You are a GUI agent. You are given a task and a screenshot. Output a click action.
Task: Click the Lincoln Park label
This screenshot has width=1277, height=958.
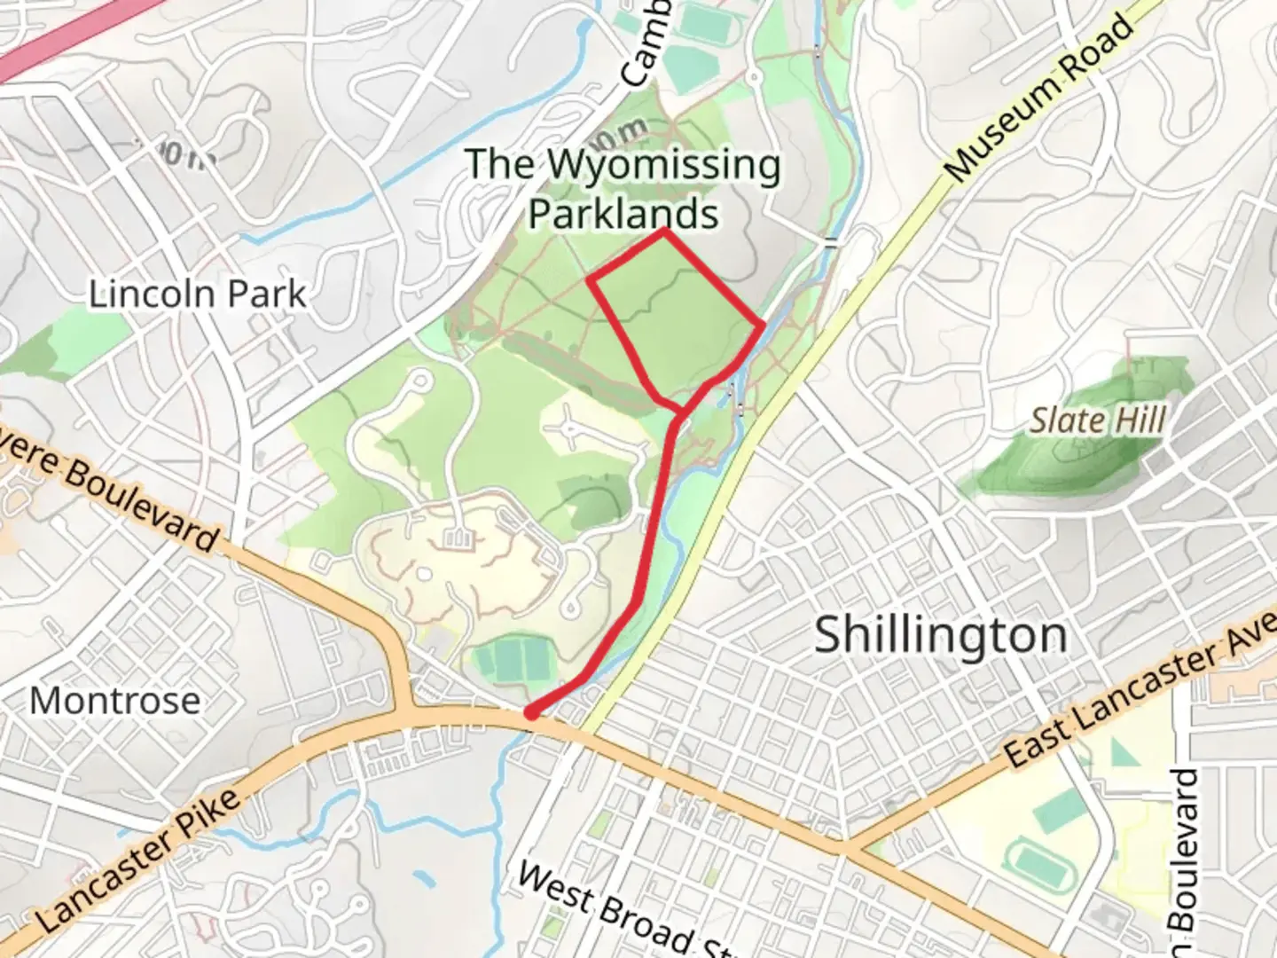click(x=197, y=294)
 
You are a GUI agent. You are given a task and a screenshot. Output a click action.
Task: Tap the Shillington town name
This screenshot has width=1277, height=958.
click(x=940, y=635)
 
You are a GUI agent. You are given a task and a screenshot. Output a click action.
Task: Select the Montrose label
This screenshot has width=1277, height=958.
click(x=115, y=701)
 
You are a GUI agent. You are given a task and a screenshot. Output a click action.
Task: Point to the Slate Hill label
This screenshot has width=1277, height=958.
click(x=1097, y=420)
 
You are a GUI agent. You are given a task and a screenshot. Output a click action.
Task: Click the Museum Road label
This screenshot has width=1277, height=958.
click(x=1039, y=98)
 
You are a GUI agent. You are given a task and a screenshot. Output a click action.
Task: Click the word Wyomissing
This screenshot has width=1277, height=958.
click(x=663, y=165)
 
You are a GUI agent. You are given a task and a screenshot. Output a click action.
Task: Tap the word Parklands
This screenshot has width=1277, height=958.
click(x=623, y=214)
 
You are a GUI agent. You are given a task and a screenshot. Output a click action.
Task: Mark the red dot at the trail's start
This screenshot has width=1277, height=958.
click(x=531, y=711)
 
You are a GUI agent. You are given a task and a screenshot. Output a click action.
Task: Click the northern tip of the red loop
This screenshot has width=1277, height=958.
click(x=663, y=232)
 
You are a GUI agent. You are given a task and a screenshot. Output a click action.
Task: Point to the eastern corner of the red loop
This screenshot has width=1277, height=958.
click(x=762, y=326)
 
